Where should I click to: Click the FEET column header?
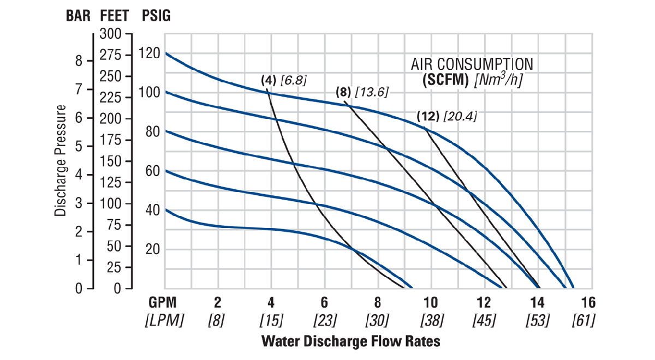pos(115,16)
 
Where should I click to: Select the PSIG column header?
pos(156,16)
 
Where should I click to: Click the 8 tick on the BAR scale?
pos(79,61)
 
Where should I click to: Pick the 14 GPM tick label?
pos(538,303)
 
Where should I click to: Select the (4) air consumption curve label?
pos(269,81)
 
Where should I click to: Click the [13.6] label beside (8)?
pos(372,92)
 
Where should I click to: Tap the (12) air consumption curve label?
pos(428,116)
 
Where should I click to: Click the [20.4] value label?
pos(460,116)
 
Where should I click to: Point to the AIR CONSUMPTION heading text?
pos(472,64)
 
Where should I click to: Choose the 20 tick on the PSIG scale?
pos(154,249)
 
